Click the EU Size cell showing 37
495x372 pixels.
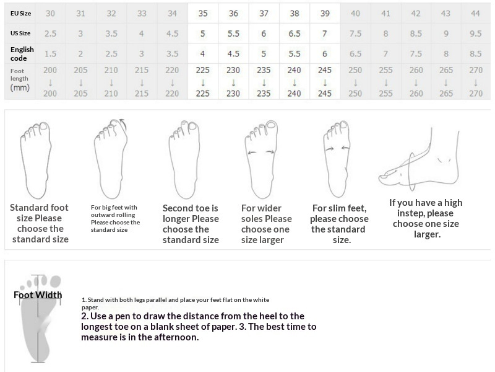click(x=264, y=13)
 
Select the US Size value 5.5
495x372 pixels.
click(x=233, y=33)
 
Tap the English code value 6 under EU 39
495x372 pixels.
click(x=324, y=54)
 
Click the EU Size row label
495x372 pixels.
click(x=20, y=13)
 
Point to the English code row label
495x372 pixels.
click(x=22, y=54)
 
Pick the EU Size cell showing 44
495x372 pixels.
click(x=475, y=13)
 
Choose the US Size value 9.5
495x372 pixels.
click(x=475, y=33)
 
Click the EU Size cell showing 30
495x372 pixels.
click(x=50, y=13)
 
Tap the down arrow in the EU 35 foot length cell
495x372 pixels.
click(x=203, y=83)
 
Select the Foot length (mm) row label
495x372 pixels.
click(x=20, y=79)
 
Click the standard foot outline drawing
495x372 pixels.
click(x=35, y=161)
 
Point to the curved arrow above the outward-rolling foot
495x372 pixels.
click(x=123, y=125)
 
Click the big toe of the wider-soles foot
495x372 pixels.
click(x=271, y=126)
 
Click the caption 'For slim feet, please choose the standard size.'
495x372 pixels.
click(x=339, y=224)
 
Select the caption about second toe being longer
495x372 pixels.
click(x=191, y=224)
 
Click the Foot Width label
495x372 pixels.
click(x=38, y=295)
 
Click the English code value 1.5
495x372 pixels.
click(x=50, y=54)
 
